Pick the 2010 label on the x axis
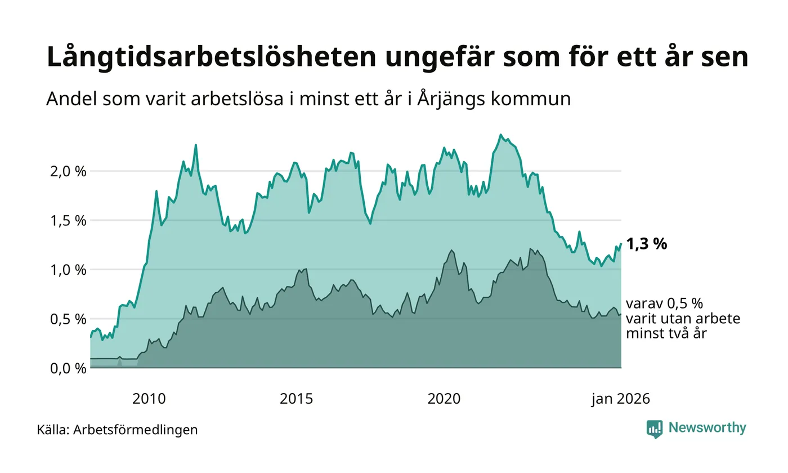coord(149,399)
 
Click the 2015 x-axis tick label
coord(297,399)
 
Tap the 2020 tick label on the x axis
coord(444,399)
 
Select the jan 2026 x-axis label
coord(620,399)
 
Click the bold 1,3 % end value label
coord(646,244)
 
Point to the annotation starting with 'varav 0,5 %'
coord(683,319)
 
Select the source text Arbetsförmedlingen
coord(135,430)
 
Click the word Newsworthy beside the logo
coord(707,428)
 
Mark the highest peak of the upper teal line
coord(500,135)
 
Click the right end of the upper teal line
coord(621,244)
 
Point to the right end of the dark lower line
coord(621,314)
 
